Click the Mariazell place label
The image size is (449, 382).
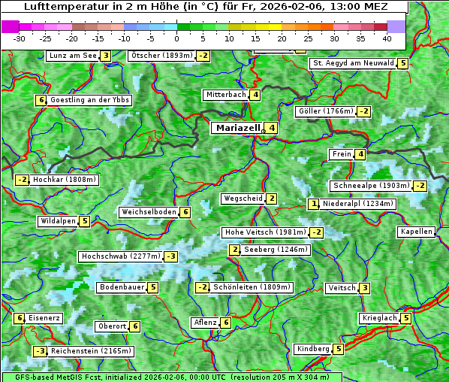pyautogui.click(x=237, y=128)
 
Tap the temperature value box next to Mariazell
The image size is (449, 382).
pyautogui.click(x=272, y=128)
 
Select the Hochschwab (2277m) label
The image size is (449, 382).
pyautogui.click(x=120, y=256)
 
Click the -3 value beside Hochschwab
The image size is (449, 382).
pyautogui.click(x=171, y=256)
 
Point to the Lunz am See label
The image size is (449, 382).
pyautogui.click(x=73, y=56)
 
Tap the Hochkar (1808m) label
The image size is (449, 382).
pyautogui.click(x=65, y=180)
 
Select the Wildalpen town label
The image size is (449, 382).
pyautogui.click(x=58, y=221)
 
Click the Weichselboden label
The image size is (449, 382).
pyautogui.click(x=149, y=212)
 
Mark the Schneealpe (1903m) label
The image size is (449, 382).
pyautogui.click(x=371, y=186)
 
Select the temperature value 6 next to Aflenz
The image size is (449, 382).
pyautogui.click(x=226, y=323)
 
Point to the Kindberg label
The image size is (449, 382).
pyautogui.click(x=313, y=349)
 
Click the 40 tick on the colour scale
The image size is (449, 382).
pyautogui.click(x=387, y=38)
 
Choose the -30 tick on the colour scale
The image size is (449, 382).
pyautogui.click(x=20, y=38)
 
